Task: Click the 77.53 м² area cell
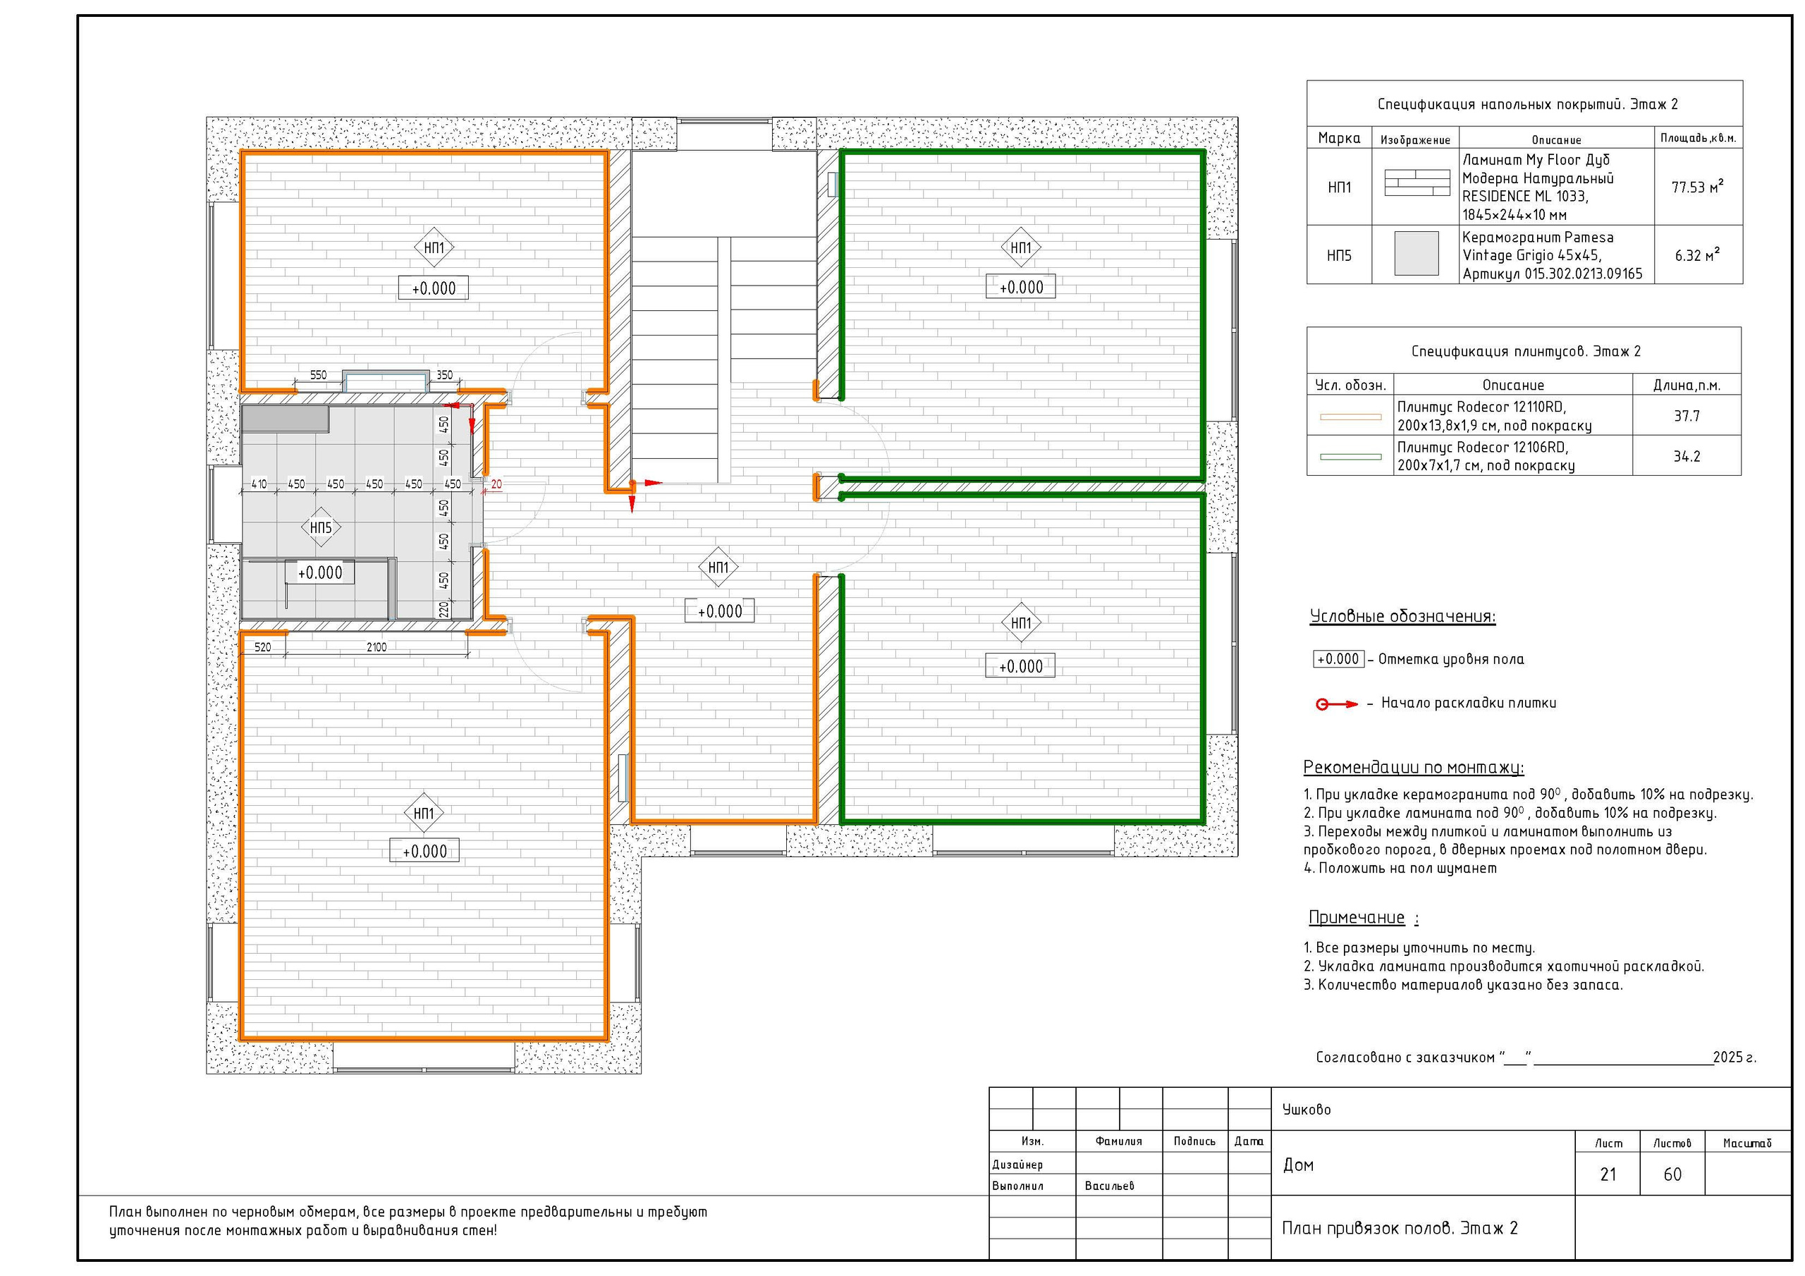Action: point(1698,187)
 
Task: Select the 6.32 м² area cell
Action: point(1698,255)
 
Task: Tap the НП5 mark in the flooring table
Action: point(1339,255)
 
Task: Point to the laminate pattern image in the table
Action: point(1417,183)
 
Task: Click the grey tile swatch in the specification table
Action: point(1417,253)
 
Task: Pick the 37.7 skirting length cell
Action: point(1687,416)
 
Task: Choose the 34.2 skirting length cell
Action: point(1687,456)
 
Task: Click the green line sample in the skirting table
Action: point(1351,457)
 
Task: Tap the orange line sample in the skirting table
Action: point(1351,417)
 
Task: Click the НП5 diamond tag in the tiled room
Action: point(321,527)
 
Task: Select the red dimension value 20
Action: point(496,484)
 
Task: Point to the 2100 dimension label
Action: point(377,647)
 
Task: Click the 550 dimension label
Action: point(317,375)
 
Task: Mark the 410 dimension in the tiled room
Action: point(259,484)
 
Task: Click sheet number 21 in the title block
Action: point(1608,1174)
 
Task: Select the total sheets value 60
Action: point(1672,1174)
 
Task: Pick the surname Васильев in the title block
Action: point(1109,1186)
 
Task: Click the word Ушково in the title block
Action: point(1307,1110)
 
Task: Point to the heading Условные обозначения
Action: point(1402,616)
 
